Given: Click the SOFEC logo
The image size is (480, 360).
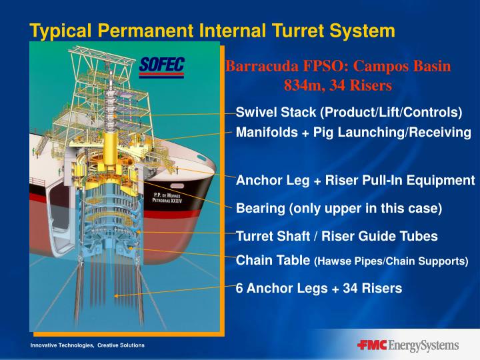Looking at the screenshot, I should (162, 67).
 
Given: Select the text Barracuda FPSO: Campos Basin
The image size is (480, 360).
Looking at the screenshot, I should (338, 67).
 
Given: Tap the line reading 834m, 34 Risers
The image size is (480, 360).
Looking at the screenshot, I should (338, 85).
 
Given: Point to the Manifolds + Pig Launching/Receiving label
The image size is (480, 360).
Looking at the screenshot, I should (353, 132).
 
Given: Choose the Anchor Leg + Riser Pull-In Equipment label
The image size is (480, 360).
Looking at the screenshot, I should (355, 181).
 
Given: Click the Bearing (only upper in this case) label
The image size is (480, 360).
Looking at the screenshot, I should (339, 208).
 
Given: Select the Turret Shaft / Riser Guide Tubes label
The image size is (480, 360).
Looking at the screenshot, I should (337, 235).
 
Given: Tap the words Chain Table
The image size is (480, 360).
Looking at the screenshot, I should (273, 260).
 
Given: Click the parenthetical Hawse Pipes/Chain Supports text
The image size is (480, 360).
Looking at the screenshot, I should (391, 261).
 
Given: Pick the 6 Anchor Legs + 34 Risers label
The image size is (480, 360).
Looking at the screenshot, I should (319, 289).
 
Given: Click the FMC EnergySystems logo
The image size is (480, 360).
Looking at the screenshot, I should (407, 345).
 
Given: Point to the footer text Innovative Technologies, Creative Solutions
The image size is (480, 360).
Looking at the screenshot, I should (87, 345).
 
